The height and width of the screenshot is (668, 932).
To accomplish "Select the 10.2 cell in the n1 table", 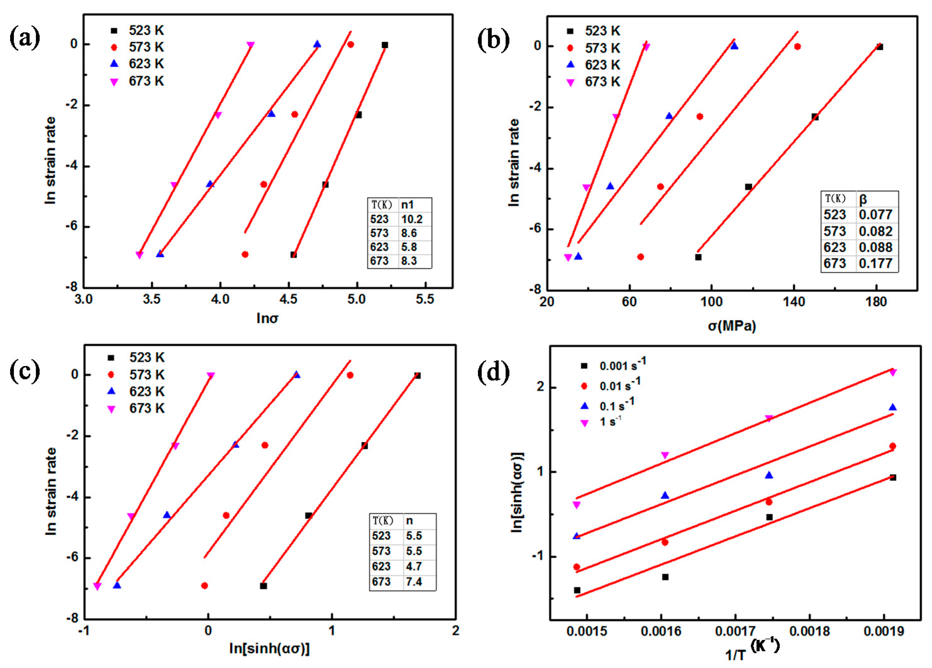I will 411,219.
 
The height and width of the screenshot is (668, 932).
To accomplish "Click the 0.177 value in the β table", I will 875,263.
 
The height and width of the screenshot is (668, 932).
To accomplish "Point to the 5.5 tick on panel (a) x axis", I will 424,299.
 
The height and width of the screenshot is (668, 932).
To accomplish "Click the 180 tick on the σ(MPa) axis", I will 876,302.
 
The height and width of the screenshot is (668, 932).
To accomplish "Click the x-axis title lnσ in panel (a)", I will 267,318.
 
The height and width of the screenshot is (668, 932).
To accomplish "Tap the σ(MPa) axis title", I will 732,326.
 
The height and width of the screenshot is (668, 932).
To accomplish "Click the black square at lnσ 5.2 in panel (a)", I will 385,45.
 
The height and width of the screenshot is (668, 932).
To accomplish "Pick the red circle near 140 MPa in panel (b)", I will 797,47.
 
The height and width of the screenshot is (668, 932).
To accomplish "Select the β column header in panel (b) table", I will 863,199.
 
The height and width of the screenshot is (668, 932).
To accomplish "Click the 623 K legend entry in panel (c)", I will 137,391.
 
